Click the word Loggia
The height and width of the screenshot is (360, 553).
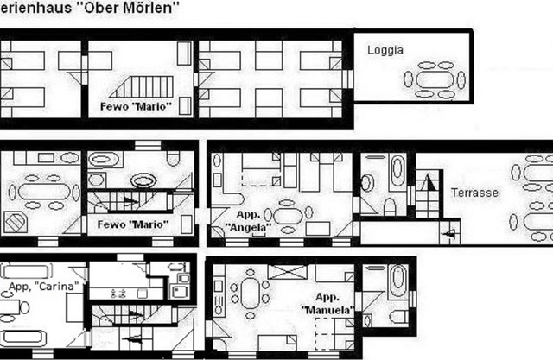click(385, 50)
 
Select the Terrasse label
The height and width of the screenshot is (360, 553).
click(474, 193)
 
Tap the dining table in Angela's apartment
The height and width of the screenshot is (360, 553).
click(290, 212)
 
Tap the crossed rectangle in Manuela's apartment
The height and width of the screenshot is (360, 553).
click(281, 273)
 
